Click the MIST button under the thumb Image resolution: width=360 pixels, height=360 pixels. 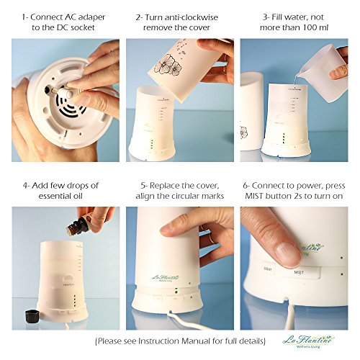[301, 272]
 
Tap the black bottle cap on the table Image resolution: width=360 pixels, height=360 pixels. [31, 316]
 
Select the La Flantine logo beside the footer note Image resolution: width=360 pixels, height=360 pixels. [309, 341]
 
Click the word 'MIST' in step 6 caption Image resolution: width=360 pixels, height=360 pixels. [254, 196]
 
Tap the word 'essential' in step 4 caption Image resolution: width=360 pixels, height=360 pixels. [54, 196]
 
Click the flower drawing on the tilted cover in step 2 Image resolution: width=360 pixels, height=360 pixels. [168, 64]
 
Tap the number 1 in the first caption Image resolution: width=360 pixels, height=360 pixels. [24, 17]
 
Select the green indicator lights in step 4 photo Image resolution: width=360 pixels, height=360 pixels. [75, 300]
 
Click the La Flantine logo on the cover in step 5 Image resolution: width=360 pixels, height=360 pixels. [166, 279]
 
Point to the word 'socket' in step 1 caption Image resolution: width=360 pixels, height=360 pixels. [83, 27]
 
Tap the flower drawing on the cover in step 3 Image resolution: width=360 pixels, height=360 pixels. [244, 132]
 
